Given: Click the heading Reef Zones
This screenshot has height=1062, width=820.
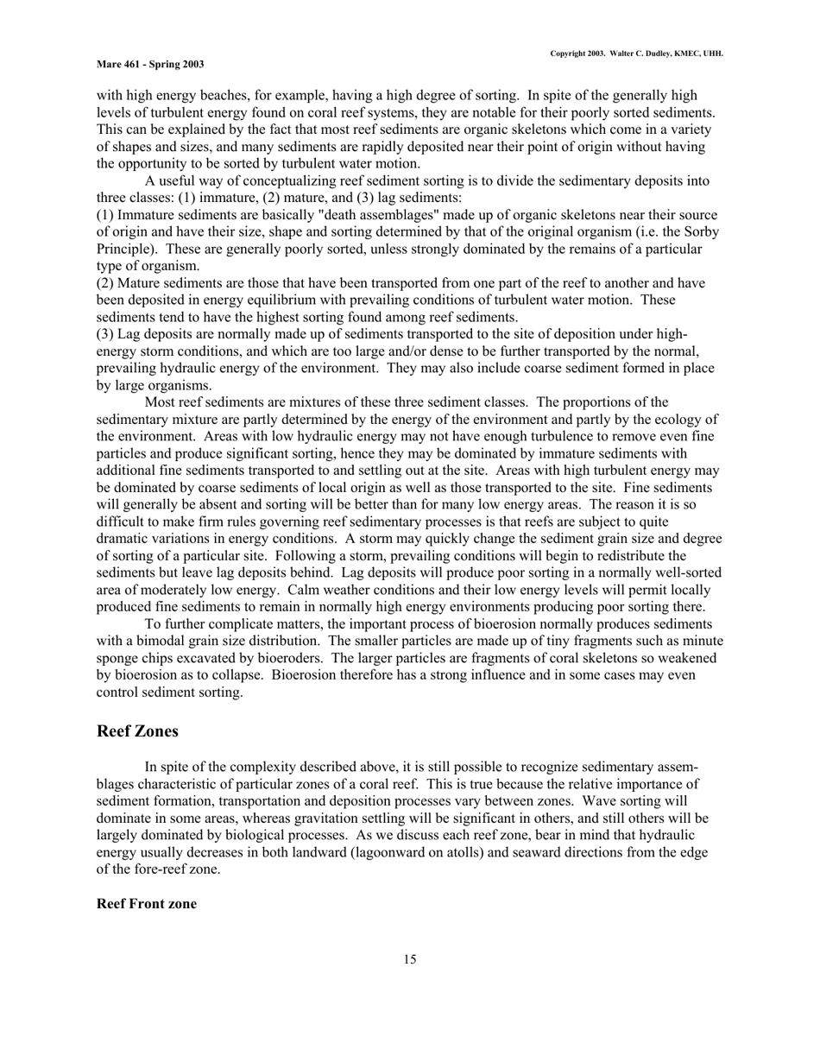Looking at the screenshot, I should [137, 731].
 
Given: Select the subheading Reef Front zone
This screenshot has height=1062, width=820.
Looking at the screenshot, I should [146, 903].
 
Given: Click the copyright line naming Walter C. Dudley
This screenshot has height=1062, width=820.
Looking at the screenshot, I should [636, 54].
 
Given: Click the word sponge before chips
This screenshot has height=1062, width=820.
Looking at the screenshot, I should [117, 658].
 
